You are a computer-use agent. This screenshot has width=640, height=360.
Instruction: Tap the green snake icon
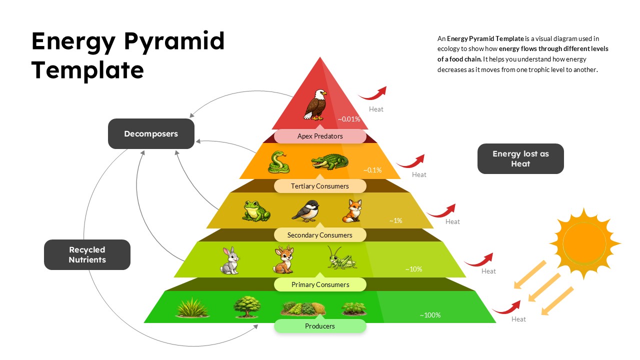click(x=278, y=162)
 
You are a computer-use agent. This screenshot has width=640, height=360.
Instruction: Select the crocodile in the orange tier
click(x=329, y=162)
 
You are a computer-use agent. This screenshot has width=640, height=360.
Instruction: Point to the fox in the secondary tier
click(x=352, y=211)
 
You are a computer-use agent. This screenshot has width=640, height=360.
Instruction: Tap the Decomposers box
click(x=151, y=133)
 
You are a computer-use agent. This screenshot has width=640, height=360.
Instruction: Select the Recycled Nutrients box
click(x=87, y=254)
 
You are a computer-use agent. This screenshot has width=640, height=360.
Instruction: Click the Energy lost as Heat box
click(x=520, y=159)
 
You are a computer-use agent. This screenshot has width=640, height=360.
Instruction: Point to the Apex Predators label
click(x=320, y=136)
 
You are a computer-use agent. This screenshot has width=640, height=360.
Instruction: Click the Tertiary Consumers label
click(x=320, y=186)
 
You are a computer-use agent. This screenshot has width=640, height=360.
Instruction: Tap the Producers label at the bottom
click(x=320, y=326)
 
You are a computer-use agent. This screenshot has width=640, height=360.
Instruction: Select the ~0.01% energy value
click(x=348, y=119)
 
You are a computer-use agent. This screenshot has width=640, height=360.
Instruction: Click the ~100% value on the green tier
click(x=430, y=315)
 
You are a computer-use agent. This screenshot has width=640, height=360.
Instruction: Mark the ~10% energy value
click(x=413, y=269)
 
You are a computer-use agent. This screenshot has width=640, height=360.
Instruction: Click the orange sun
click(x=584, y=243)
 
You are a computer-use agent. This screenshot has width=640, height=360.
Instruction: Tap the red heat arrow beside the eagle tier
click(x=372, y=93)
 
